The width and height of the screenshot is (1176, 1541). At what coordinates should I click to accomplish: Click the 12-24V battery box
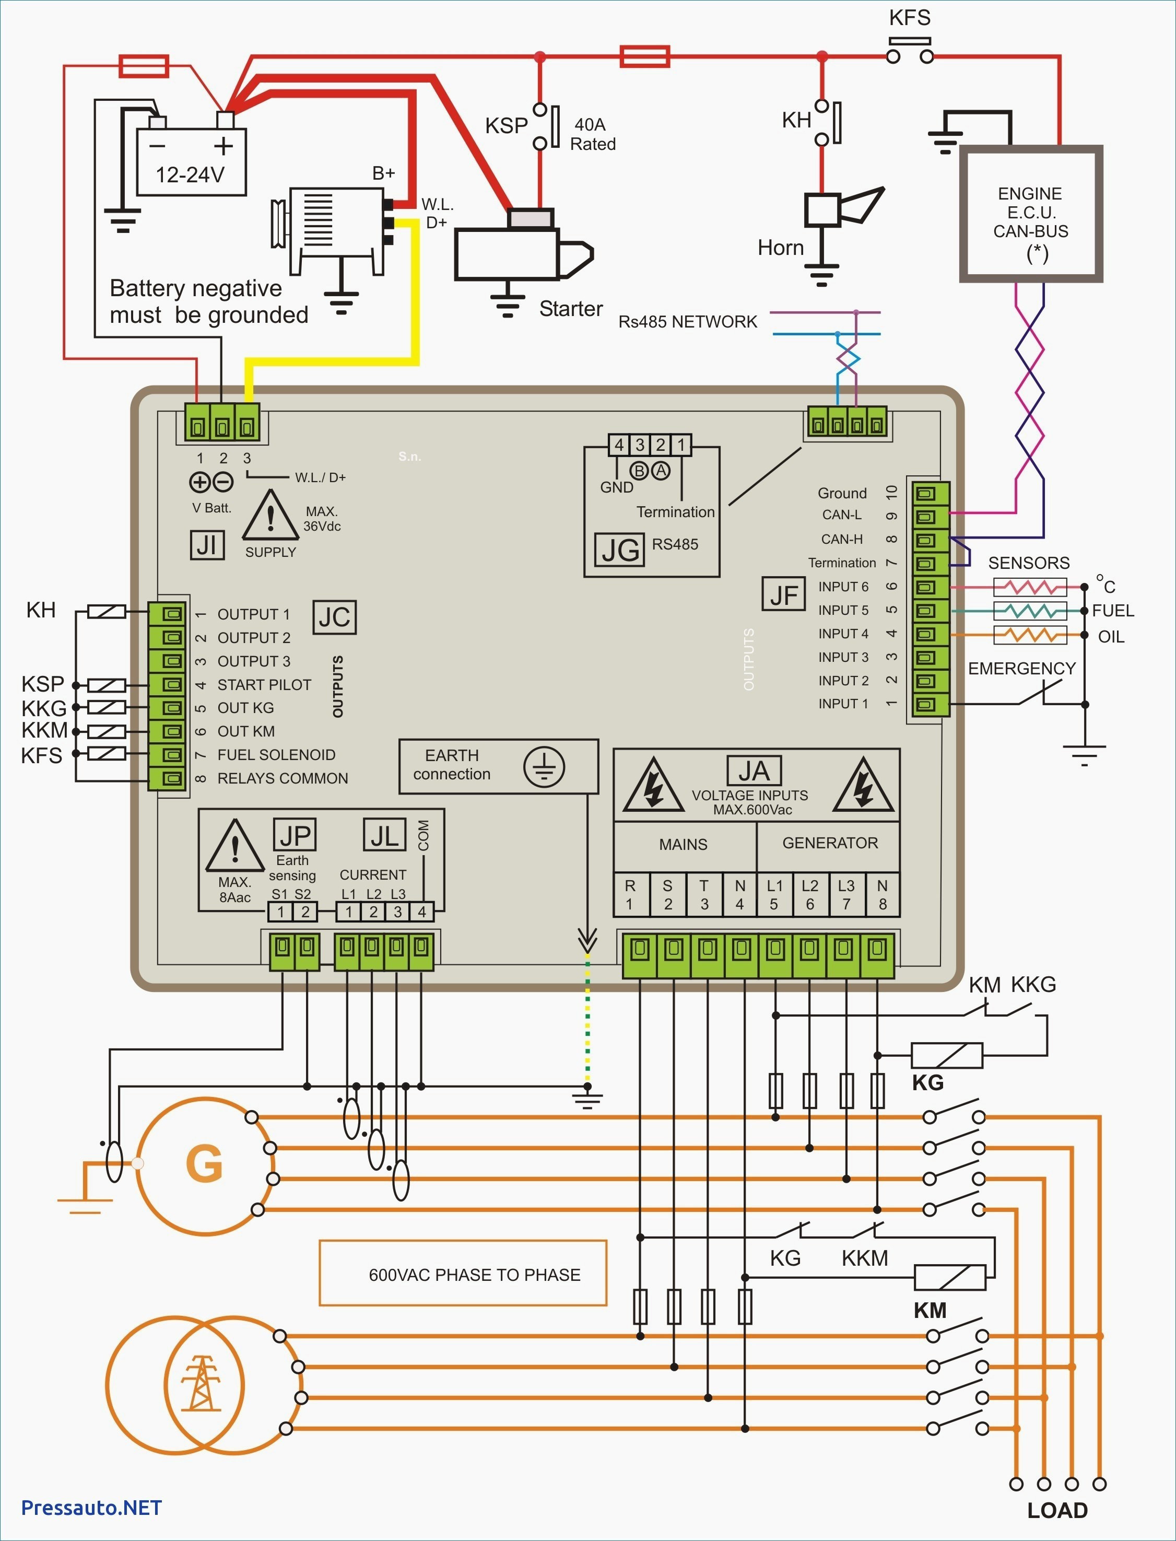pos(191,161)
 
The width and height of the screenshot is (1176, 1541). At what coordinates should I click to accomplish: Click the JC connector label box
pos(335,617)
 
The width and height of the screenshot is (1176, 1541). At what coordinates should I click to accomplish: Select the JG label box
pos(619,550)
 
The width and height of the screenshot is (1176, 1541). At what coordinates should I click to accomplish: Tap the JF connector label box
pos(783,594)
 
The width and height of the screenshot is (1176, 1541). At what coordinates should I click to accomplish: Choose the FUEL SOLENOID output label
pos(276,755)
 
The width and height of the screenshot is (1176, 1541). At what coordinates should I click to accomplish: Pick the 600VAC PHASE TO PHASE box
pos(463,1274)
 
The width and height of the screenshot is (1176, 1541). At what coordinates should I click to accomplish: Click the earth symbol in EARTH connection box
pos(544,765)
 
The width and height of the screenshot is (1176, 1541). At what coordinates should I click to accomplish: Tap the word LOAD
pos(1057,1511)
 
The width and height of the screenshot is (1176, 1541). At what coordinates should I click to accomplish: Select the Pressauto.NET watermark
pos(92,1508)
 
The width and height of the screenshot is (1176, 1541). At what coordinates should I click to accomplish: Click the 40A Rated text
pos(593,134)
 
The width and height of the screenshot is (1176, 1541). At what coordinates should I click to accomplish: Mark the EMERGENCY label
pos(1021,669)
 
